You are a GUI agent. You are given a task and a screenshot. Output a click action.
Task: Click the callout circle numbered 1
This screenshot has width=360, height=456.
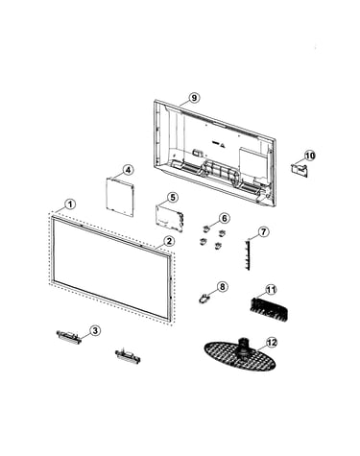pyautogui.click(x=70, y=204)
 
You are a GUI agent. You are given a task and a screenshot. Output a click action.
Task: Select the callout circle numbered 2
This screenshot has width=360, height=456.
pyautogui.click(x=169, y=241)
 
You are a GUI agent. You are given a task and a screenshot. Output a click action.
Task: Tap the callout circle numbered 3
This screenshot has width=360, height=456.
pyautogui.click(x=95, y=330)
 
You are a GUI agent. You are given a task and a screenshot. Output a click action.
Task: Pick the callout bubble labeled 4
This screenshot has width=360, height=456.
pyautogui.click(x=128, y=170)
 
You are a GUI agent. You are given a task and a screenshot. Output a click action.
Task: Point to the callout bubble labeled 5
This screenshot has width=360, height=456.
pyautogui.click(x=173, y=197)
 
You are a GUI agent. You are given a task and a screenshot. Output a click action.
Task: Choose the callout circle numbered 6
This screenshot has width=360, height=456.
pyautogui.click(x=224, y=218)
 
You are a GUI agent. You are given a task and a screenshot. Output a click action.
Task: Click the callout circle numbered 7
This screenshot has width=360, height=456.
pyautogui.click(x=263, y=231)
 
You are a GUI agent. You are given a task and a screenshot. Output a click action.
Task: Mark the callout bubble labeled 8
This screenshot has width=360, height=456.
pyautogui.click(x=222, y=286)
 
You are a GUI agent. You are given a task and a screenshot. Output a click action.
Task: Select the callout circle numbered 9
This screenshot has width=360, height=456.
pyautogui.click(x=194, y=98)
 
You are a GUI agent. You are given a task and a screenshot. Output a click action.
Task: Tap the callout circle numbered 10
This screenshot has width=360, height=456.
pyautogui.click(x=309, y=156)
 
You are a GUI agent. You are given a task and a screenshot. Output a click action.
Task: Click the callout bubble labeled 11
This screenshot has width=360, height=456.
pyautogui.click(x=271, y=290)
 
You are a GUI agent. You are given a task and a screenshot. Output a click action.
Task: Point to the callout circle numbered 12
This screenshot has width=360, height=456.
pyautogui.click(x=272, y=343)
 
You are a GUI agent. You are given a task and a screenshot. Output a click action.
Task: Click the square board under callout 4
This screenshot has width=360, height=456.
pyautogui.click(x=120, y=197)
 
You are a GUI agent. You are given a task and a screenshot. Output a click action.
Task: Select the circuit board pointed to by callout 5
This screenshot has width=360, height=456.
pyautogui.click(x=170, y=219)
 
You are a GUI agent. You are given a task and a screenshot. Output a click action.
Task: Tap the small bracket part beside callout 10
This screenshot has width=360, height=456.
pyautogui.click(x=300, y=170)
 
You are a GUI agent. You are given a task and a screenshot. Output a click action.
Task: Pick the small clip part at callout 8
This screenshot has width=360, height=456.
pyautogui.click(x=203, y=299)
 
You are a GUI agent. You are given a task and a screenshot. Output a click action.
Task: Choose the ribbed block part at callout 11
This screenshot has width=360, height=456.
pyautogui.click(x=269, y=308)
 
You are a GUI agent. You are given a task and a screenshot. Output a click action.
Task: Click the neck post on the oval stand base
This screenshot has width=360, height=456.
pyautogui.click(x=244, y=348)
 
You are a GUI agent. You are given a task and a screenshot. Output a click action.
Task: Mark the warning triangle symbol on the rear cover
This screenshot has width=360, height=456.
pyautogui.click(x=223, y=145)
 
